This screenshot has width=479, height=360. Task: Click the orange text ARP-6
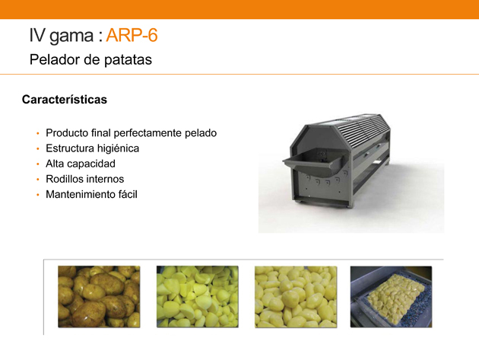[x=132, y=35]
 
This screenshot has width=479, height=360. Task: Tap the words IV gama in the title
[x=62, y=36]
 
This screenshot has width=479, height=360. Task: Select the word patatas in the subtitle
[x=128, y=59]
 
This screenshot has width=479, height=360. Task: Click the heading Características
[x=65, y=100]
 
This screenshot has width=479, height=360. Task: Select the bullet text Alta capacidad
[x=81, y=164]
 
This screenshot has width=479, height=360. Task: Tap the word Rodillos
[x=63, y=179]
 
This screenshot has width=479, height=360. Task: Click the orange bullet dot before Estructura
[x=38, y=149]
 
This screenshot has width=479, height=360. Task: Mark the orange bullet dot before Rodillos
[x=38, y=180]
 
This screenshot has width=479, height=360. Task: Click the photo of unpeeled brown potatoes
[x=99, y=297]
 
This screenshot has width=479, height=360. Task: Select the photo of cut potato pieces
[x=198, y=297]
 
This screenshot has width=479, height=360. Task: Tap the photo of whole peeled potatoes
[x=296, y=297]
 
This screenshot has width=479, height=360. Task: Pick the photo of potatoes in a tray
[x=391, y=297]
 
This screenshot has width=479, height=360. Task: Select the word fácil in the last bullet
[x=128, y=195]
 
